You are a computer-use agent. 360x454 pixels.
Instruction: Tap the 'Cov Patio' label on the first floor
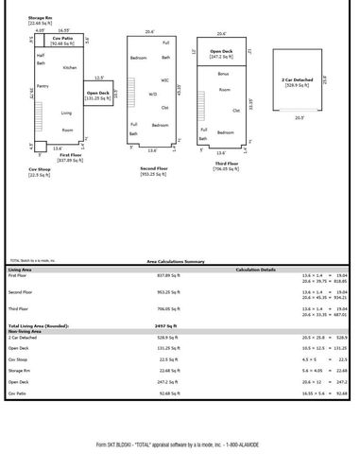63,39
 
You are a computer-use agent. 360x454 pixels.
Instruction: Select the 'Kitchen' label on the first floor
70,67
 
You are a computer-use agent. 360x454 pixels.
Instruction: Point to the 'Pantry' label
42,86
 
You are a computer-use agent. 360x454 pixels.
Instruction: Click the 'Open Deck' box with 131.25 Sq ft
98,94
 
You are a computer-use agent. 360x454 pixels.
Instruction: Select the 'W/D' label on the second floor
152,94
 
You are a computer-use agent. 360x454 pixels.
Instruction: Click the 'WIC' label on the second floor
165,81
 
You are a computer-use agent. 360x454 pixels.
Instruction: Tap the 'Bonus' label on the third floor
223,73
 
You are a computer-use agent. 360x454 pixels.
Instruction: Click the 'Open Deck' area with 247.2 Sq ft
222,54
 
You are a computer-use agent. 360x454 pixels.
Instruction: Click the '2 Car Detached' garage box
299,83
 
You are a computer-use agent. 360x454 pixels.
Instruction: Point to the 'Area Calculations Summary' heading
175,261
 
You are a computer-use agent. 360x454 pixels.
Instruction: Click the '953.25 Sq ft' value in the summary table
169,292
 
